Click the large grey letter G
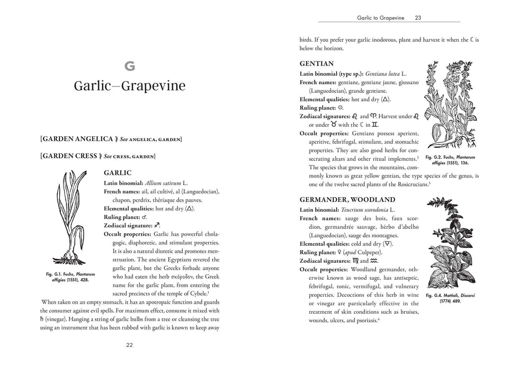[x=130, y=66]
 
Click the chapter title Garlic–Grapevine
[x=130, y=86]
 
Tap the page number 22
[x=130, y=344]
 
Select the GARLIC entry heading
[x=118, y=173]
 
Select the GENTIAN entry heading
[x=317, y=63]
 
